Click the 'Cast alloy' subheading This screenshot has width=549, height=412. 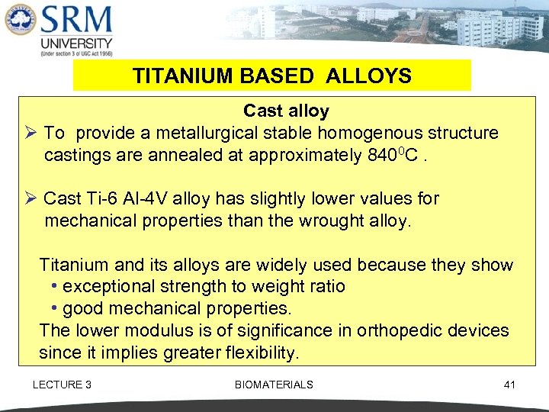point(286,111)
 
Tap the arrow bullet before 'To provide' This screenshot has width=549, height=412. point(32,134)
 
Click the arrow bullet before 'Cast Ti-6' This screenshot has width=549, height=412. point(32,199)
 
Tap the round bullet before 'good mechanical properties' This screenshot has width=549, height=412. point(55,309)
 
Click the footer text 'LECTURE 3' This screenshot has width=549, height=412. point(62,385)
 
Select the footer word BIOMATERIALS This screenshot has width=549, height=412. point(274,385)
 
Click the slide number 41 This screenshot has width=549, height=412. point(509,385)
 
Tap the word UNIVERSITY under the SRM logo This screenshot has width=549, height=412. point(77,43)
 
